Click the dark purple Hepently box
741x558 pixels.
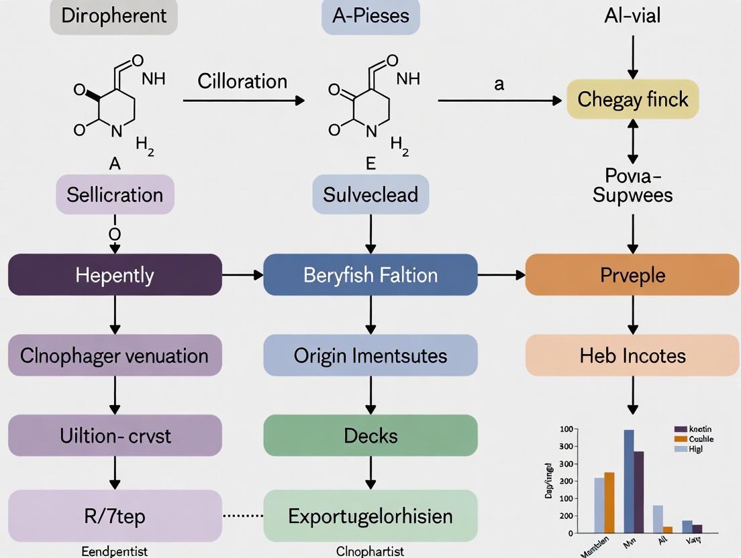click(115, 275)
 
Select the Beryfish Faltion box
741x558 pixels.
click(370, 275)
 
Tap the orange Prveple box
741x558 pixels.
click(632, 275)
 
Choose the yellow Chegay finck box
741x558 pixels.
click(632, 99)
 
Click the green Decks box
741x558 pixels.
click(370, 435)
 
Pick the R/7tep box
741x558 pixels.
click(115, 516)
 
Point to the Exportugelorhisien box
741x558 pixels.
click(370, 516)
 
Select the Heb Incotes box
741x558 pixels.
click(632, 355)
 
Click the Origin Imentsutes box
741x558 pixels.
click(370, 355)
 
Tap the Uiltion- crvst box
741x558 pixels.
click(115, 435)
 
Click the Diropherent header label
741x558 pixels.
click(114, 16)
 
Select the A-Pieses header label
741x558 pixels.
click(370, 16)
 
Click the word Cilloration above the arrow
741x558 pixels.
click(242, 81)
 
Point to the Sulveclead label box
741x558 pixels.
click(370, 194)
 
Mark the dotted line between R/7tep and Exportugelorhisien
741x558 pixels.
click(242, 516)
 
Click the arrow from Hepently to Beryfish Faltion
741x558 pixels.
click(242, 275)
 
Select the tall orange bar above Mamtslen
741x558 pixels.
click(609, 502)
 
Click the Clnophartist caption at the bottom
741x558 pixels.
click(370, 551)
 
